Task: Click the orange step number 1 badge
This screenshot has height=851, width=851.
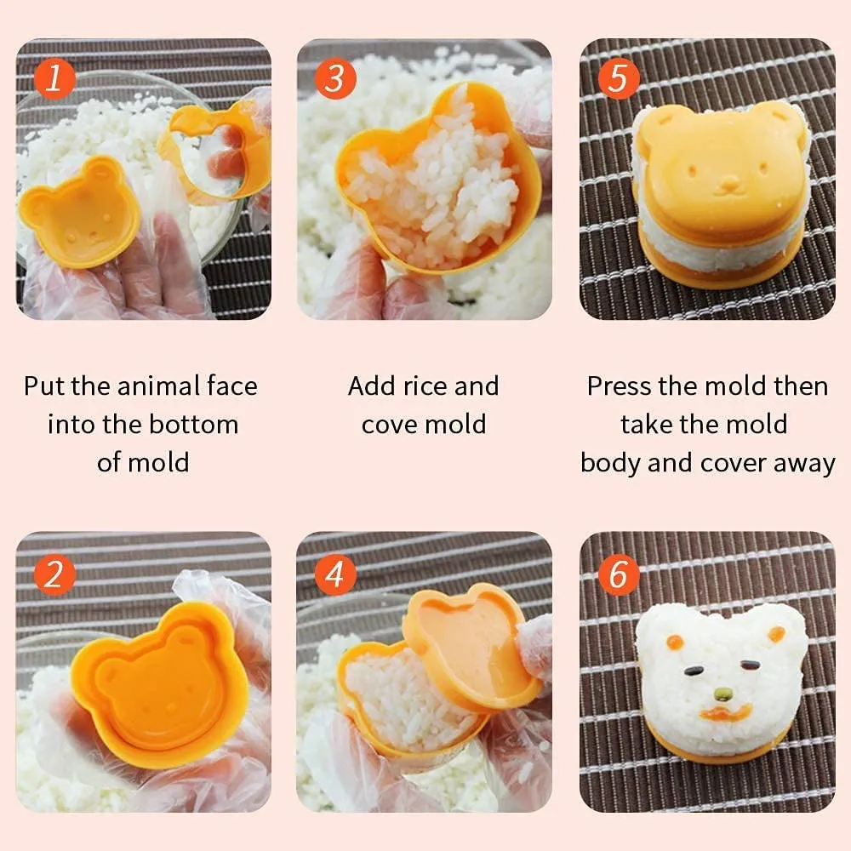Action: tap(54, 80)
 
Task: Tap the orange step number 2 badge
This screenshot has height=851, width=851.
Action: tap(54, 575)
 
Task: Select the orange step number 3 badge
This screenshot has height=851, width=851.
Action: tap(334, 80)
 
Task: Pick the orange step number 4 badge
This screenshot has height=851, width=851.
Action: tap(334, 575)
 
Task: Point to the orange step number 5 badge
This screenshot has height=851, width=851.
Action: tap(618, 80)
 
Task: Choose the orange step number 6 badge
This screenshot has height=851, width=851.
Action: tap(618, 575)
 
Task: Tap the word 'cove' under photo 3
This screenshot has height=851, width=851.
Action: tap(385, 425)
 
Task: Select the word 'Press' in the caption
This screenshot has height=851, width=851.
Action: tap(618, 386)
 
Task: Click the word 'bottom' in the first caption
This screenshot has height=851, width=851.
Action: tap(197, 425)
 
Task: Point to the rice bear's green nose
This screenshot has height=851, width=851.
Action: tap(722, 693)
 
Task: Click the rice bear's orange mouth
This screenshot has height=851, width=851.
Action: tap(722, 713)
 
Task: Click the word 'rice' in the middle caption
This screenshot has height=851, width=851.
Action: tap(423, 386)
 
